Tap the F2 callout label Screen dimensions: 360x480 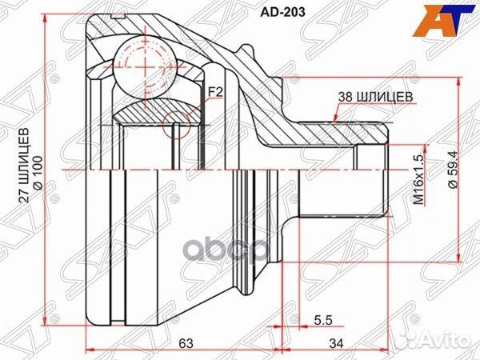pyautogui.click(x=214, y=92)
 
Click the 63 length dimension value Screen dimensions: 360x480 pyautogui.click(x=186, y=343)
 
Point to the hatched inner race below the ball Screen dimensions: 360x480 pyautogui.click(x=152, y=116)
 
